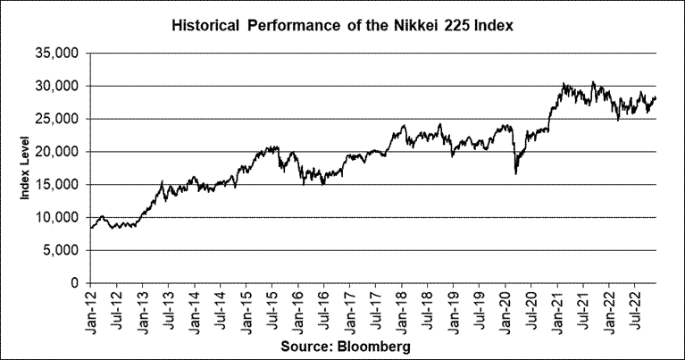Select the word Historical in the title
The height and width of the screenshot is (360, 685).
(205, 26)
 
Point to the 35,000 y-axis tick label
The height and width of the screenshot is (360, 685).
(58, 54)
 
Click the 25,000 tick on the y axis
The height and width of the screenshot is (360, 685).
(58, 119)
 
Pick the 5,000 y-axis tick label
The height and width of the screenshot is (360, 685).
(62, 250)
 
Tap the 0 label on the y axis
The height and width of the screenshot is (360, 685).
(76, 283)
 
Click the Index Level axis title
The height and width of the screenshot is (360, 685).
(25, 168)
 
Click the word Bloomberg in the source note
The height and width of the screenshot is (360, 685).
(374, 347)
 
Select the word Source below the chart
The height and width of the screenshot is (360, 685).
(307, 347)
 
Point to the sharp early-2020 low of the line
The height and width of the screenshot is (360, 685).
(516, 174)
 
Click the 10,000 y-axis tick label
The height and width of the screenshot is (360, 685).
(58, 218)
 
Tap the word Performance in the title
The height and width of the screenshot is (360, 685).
(294, 26)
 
